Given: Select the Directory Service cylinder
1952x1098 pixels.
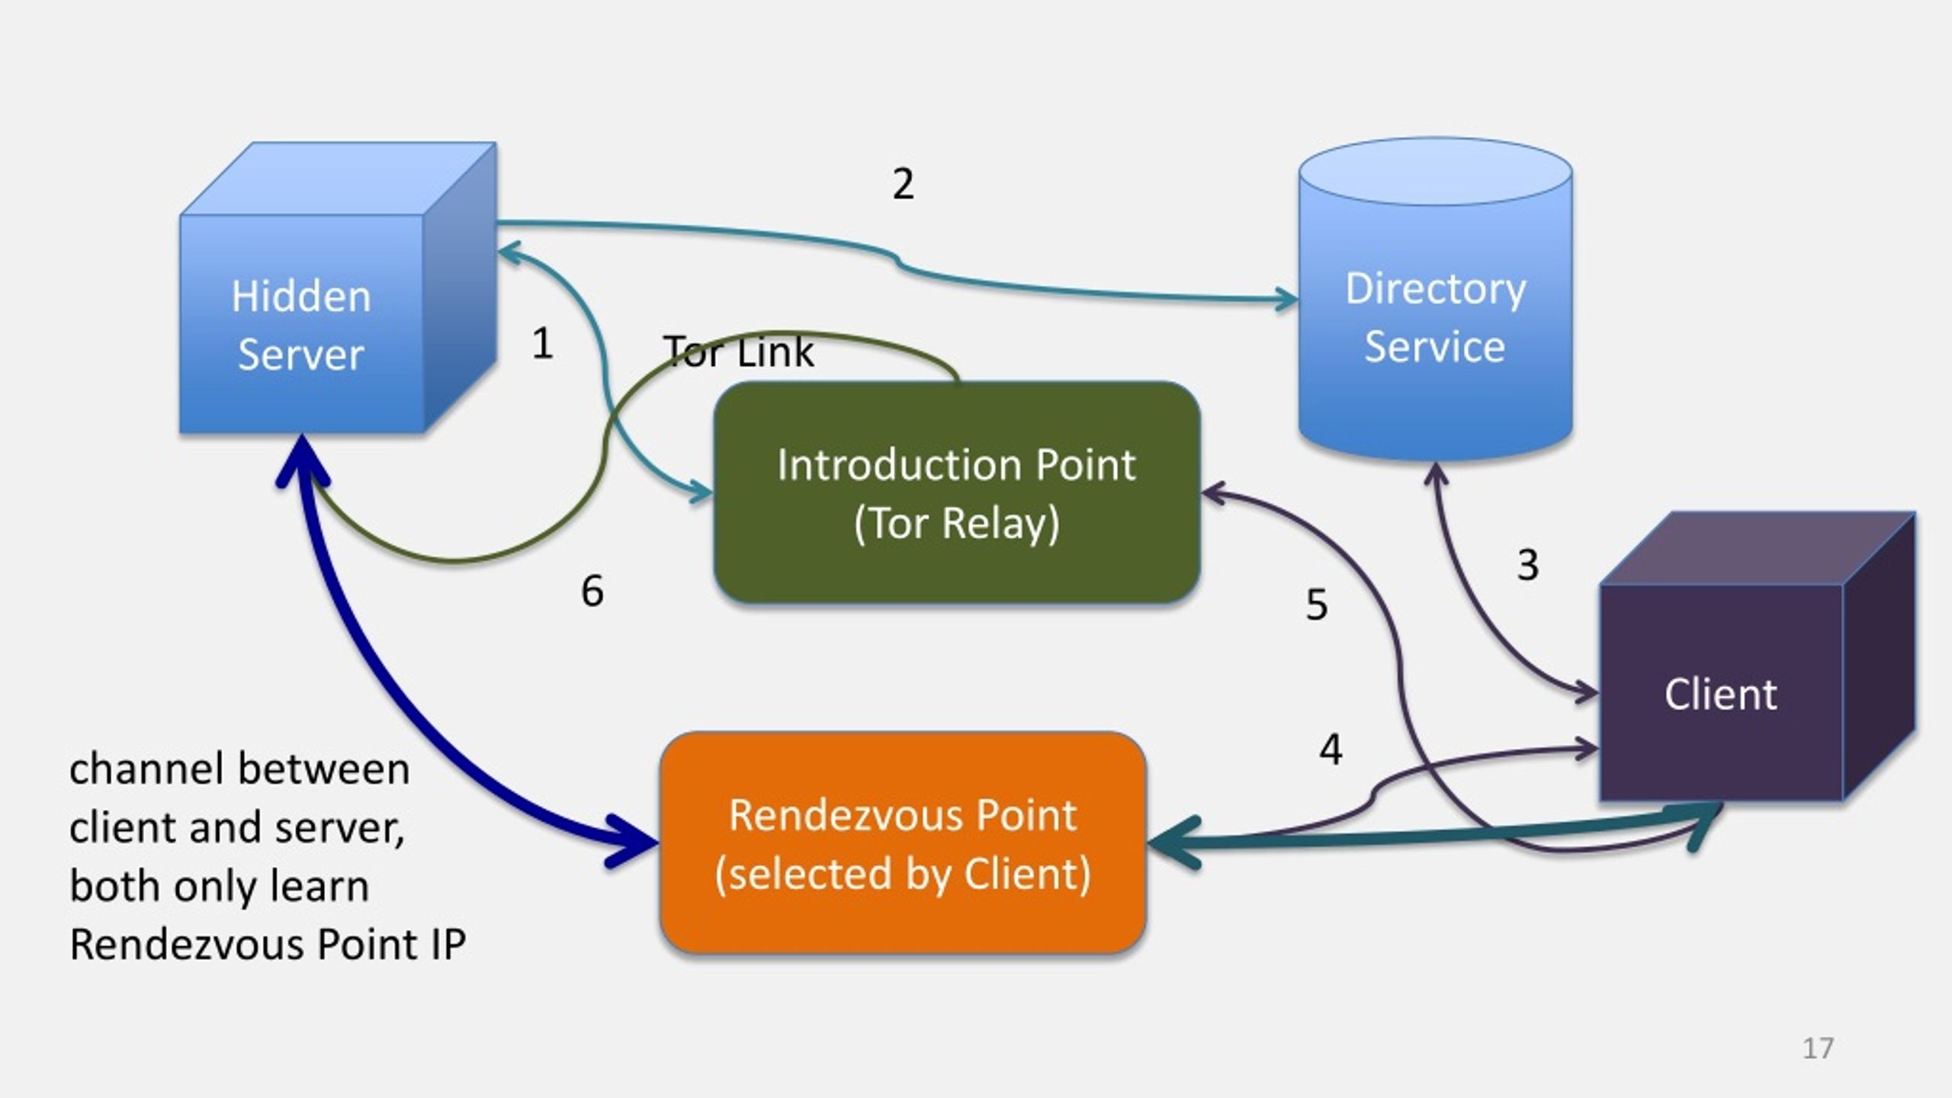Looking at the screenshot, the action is pos(1435,299).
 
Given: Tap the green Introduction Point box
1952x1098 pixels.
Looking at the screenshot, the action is pos(957,493).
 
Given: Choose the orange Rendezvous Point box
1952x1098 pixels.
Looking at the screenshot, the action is pos(903,843).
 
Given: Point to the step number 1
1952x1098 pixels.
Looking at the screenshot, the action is pos(542,343).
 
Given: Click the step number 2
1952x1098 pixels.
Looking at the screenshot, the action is pos(903,184).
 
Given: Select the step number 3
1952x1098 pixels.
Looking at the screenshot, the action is pos(1527,565).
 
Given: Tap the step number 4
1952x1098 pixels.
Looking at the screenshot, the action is pos(1331,749).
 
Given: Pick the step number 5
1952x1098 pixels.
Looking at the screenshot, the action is pos(1317,605).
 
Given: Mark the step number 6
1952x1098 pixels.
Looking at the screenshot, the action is pos(592,591).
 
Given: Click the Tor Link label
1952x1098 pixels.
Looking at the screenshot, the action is pos(738,352).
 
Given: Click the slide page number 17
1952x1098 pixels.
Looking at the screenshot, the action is pos(1818,1048).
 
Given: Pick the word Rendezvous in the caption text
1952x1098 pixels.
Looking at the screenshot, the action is pos(187,945).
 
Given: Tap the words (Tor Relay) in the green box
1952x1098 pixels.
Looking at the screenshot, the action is pos(957,525).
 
